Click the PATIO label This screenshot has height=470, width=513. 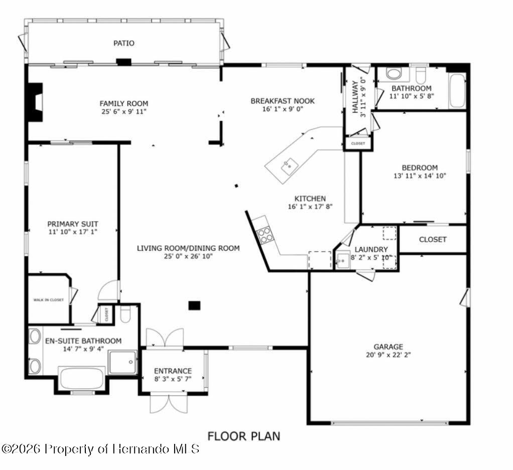click(x=123, y=43)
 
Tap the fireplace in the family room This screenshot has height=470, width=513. click(x=35, y=102)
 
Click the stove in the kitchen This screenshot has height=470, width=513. click(x=265, y=234)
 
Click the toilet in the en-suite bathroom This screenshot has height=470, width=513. click(x=125, y=315)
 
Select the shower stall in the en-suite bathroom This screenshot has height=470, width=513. click(x=122, y=362)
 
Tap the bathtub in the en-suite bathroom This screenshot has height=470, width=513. click(x=82, y=378)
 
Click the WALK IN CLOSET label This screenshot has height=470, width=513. click(x=49, y=300)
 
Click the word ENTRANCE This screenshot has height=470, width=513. click(x=173, y=371)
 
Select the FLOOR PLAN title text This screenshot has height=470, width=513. click(x=244, y=436)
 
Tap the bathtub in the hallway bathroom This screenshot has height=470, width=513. click(x=457, y=90)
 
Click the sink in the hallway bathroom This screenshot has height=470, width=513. click(x=394, y=74)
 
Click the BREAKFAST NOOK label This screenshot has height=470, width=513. click(x=283, y=101)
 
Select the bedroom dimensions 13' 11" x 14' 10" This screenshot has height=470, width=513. click(x=420, y=176)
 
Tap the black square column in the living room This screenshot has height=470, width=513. click(x=194, y=305)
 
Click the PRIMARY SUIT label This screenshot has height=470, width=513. click(x=73, y=224)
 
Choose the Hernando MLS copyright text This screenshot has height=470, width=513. click(x=100, y=448)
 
